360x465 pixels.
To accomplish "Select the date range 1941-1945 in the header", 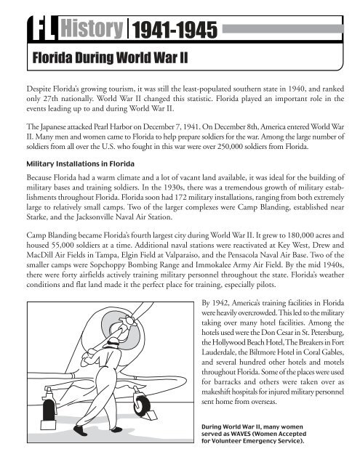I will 175,29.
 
